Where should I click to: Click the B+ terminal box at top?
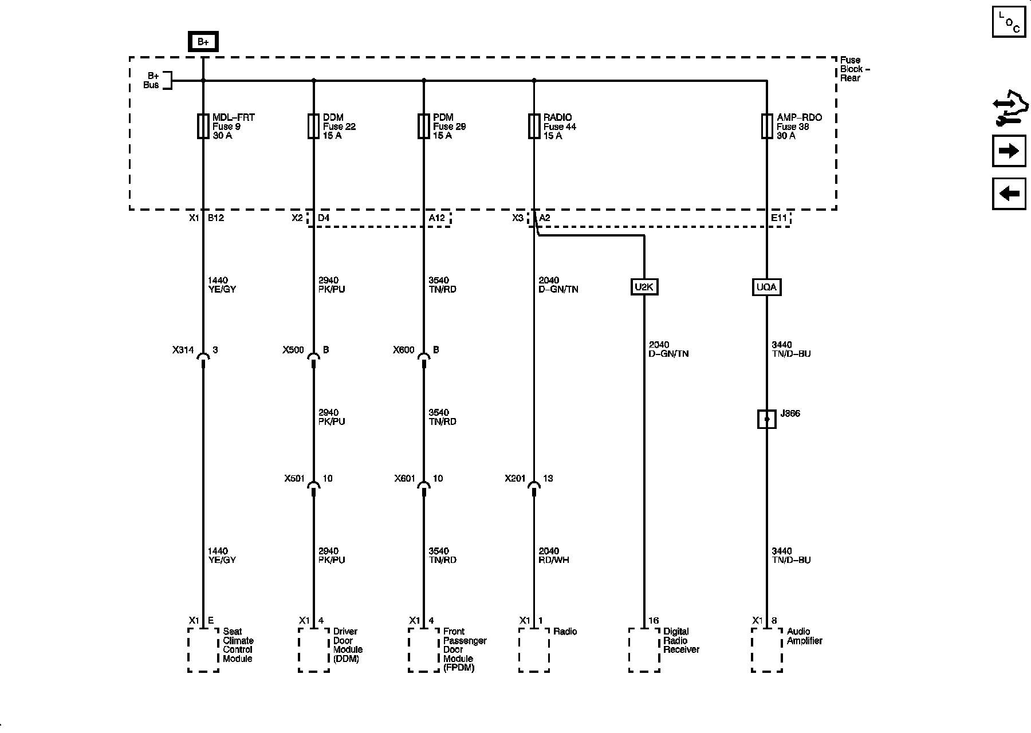point(203,42)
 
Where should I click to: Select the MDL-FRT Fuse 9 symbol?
point(203,127)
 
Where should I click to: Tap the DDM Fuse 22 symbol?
point(313,127)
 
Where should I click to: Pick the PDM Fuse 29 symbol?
point(424,127)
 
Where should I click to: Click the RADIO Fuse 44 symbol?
point(534,127)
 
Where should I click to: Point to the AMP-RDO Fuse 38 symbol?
point(767,127)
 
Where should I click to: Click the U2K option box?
point(644,287)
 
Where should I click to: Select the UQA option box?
point(766,287)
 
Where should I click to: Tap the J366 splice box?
point(767,419)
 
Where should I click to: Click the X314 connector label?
point(183,350)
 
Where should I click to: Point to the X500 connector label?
point(293,350)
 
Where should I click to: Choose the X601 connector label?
point(404,479)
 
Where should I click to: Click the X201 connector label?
point(515,479)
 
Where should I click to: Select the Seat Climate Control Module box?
point(203,650)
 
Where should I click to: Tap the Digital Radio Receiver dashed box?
point(644,650)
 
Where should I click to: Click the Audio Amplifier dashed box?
point(767,650)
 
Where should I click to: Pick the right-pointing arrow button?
point(1009,151)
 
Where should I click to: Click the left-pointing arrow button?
point(1009,194)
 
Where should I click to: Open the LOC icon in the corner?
point(1009,22)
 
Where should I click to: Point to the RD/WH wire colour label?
point(554,560)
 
